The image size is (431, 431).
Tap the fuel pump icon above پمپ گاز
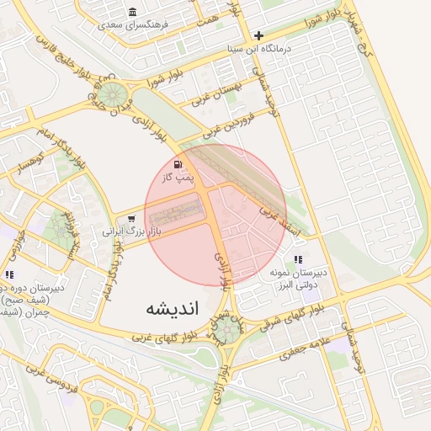[x=177, y=164]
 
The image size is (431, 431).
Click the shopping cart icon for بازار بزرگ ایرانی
[x=130, y=220]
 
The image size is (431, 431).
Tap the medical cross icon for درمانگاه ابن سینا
[x=258, y=35]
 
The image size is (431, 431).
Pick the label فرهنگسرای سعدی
[x=134, y=24]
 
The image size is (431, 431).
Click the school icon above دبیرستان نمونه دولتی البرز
[x=298, y=260]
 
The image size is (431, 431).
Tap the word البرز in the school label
[x=287, y=286]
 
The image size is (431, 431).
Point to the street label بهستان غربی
[x=232, y=88]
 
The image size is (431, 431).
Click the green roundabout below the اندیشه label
[x=228, y=329]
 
